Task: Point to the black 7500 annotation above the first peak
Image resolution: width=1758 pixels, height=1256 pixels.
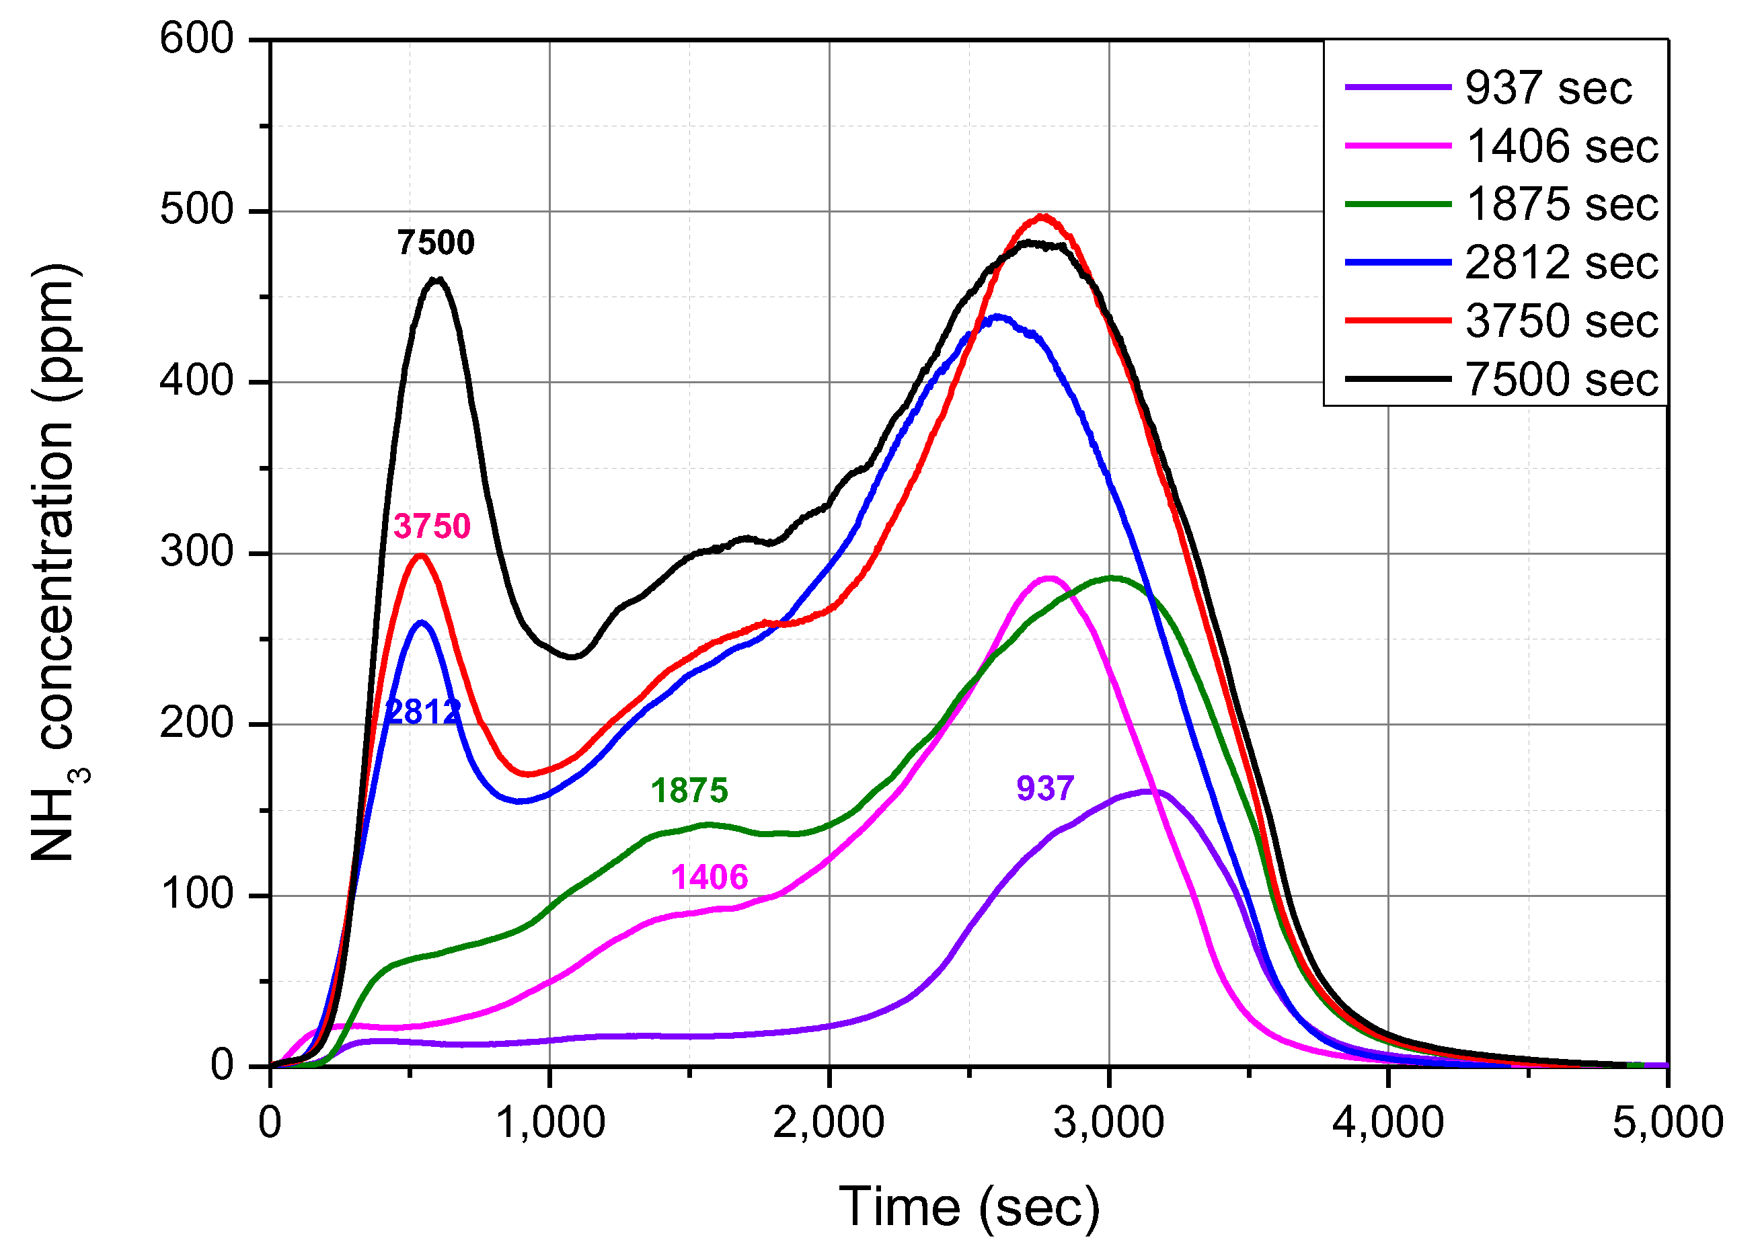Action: pyautogui.click(x=435, y=243)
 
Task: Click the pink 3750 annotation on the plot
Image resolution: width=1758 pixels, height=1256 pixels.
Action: pyautogui.click(x=432, y=526)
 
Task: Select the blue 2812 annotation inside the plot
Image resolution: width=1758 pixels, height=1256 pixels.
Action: pyautogui.click(x=422, y=711)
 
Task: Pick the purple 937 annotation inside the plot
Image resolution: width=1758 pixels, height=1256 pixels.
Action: pyautogui.click(x=1045, y=788)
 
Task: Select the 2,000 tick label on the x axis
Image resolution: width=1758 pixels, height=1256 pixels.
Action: pyautogui.click(x=829, y=1122)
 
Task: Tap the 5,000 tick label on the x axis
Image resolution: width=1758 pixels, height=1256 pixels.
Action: pyautogui.click(x=1667, y=1122)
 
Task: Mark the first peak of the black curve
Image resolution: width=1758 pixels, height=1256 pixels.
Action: pyautogui.click(x=437, y=279)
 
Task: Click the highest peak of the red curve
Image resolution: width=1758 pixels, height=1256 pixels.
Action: pyautogui.click(x=1042, y=217)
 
